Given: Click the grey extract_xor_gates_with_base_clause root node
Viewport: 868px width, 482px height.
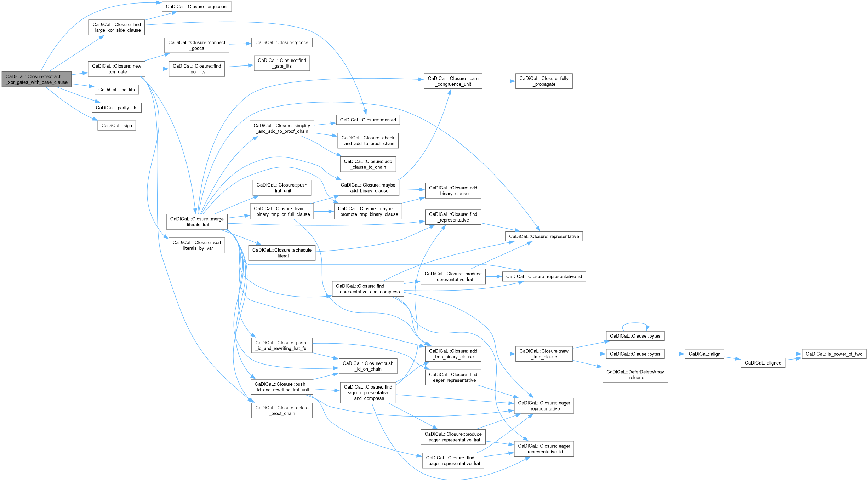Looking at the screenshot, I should click(36, 79).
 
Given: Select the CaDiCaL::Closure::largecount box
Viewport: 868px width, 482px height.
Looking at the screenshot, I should click(197, 7).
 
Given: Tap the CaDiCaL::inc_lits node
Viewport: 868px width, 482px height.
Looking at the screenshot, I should click(116, 90).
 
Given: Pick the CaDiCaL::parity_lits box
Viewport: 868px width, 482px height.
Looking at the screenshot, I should click(116, 108).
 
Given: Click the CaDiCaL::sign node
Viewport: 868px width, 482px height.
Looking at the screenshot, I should click(116, 126).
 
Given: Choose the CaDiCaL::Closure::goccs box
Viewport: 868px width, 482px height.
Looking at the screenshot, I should click(282, 42).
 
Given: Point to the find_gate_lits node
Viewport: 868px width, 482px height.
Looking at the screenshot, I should click(282, 63).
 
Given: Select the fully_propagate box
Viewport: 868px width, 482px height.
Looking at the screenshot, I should click(544, 81).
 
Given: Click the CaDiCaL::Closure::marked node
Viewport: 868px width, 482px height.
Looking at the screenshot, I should click(368, 120).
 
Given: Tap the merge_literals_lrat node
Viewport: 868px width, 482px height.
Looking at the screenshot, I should click(197, 222).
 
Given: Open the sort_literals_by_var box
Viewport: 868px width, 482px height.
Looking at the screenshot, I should click(197, 245).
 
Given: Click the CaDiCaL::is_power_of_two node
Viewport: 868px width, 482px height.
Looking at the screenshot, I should click(834, 354).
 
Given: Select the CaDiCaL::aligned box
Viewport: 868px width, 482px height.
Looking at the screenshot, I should click(763, 363).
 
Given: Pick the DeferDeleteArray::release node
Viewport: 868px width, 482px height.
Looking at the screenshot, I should click(635, 374).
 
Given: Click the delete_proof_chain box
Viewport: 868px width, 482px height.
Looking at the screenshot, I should click(282, 411).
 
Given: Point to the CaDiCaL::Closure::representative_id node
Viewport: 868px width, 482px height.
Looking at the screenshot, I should click(544, 276).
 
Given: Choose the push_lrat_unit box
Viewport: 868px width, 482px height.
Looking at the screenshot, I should click(282, 188).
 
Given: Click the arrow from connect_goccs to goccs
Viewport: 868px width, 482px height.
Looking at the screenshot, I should click(240, 44).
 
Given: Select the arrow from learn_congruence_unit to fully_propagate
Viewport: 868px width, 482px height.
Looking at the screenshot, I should click(498, 81).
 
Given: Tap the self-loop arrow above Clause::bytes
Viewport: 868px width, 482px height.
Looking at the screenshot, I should click(635, 323).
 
